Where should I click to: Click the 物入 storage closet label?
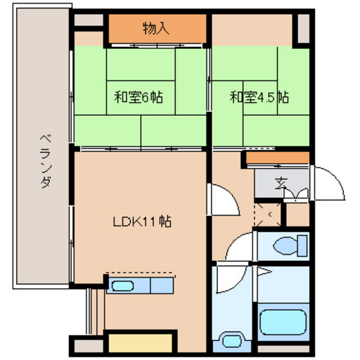pos(156,28)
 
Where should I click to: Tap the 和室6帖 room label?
pos(139,97)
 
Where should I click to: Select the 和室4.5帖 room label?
pos(259,97)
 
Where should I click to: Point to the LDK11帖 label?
pos(142,221)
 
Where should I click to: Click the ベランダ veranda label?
pos(46,161)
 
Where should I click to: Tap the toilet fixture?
pos(290,246)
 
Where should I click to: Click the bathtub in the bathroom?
pos(283,322)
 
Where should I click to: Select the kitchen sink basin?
pos(122,286)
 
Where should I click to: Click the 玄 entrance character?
pos(281,183)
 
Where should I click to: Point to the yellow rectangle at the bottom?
pos(140,343)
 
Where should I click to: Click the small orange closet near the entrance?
pos(278,157)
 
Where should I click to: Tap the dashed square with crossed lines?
pos(267,215)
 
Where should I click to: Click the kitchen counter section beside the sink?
pos(161,285)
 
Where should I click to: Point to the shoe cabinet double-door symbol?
pos(296,194)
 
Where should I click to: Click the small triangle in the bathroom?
pos(264,271)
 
